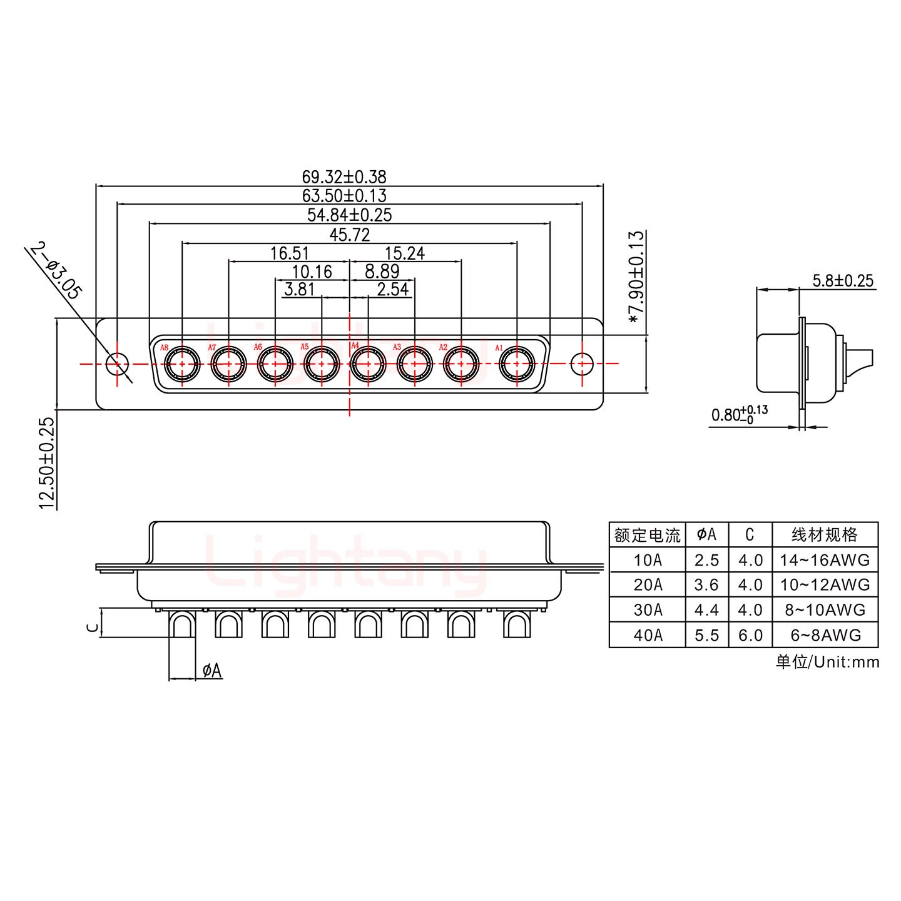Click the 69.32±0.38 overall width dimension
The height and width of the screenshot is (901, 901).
pyautogui.click(x=349, y=177)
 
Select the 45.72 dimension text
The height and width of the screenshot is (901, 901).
pyautogui.click(x=349, y=235)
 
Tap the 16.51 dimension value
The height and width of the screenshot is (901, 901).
pyautogui.click(x=289, y=253)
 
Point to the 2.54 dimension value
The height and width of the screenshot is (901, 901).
pyautogui.click(x=392, y=289)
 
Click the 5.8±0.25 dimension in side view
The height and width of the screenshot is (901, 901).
pyautogui.click(x=842, y=280)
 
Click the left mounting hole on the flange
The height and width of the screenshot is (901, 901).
pyautogui.click(x=116, y=363)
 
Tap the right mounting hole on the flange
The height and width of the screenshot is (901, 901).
pyautogui.click(x=582, y=363)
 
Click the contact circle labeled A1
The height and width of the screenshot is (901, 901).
pyautogui.click(x=516, y=364)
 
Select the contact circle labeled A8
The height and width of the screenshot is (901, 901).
pyautogui.click(x=181, y=364)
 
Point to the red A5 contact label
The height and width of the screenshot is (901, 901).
pyautogui.click(x=305, y=347)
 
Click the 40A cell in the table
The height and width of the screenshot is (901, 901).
pyautogui.click(x=647, y=635)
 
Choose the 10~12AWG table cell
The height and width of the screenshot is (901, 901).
pyautogui.click(x=825, y=584)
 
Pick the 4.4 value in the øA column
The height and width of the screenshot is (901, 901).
pyautogui.click(x=706, y=609)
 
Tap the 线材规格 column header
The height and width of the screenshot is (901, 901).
pyautogui.click(x=825, y=535)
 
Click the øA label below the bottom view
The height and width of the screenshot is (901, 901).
pyautogui.click(x=212, y=671)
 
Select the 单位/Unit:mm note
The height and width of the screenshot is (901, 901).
pyautogui.click(x=827, y=662)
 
